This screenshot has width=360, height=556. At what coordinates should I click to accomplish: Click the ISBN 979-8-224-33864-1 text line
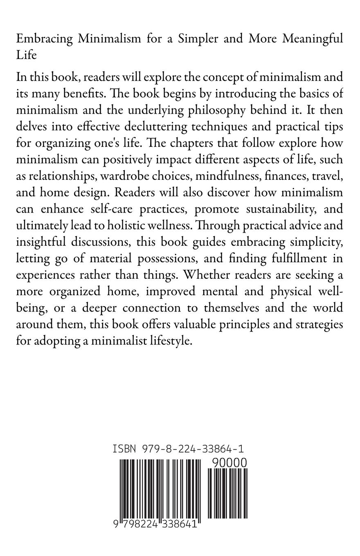point(178,449)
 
